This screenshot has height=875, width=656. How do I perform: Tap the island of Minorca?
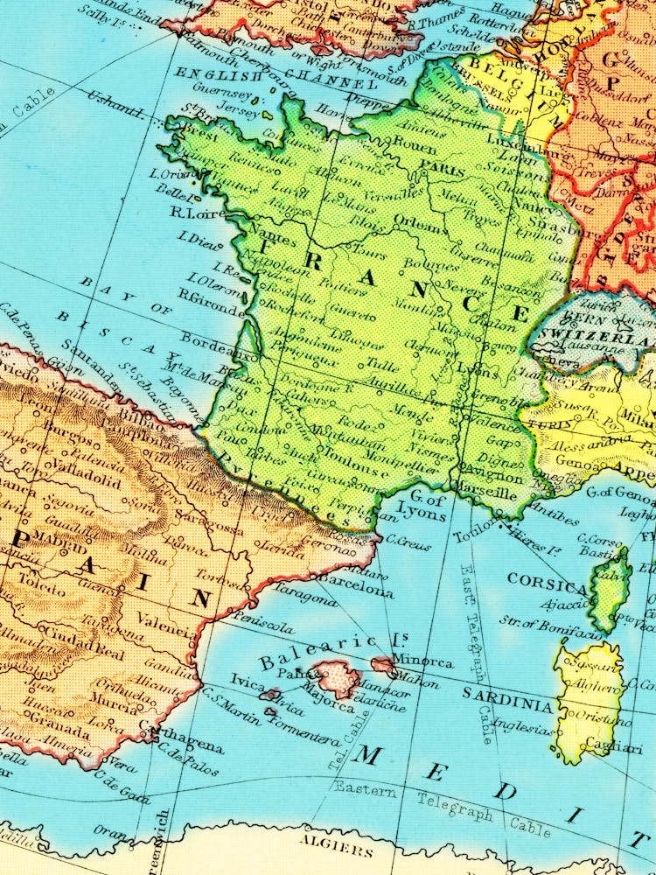382,666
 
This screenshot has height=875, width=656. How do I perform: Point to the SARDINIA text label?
507,704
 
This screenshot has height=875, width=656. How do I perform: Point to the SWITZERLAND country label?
595,337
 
